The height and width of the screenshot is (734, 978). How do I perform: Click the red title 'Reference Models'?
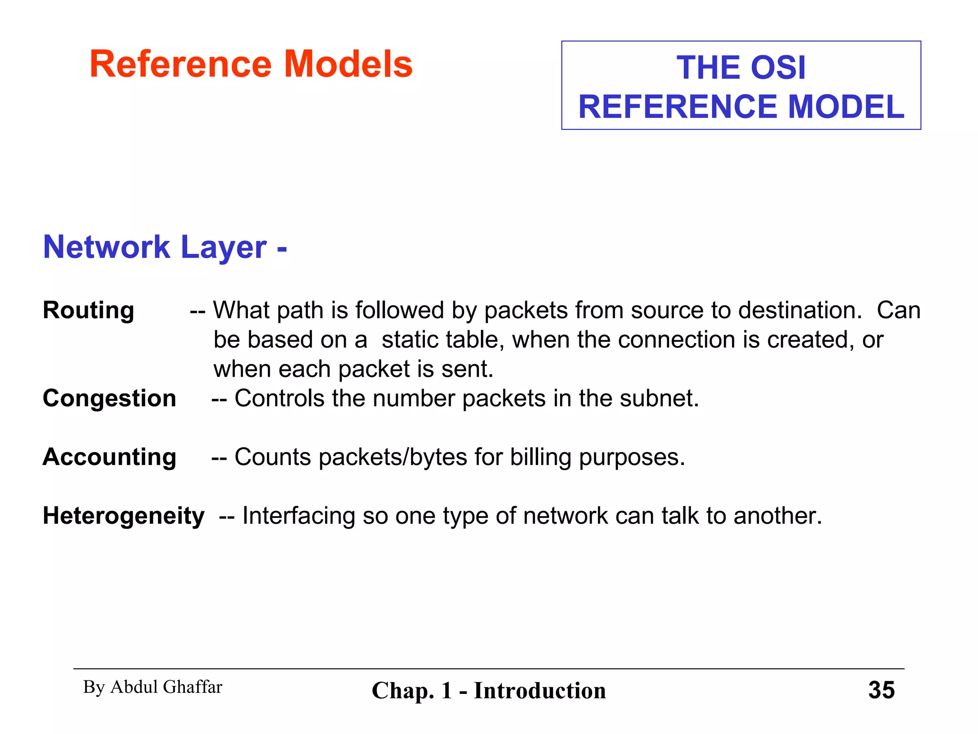251,64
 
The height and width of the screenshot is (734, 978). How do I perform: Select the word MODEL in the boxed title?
846,107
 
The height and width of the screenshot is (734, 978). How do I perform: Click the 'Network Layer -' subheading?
165,247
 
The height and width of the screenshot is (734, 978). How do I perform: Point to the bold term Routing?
88,310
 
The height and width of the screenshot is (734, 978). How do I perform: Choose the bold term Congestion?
109,398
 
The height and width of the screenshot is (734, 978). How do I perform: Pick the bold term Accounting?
109,457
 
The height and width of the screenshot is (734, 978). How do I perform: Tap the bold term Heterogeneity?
124,516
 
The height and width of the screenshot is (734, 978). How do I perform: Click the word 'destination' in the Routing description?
799,310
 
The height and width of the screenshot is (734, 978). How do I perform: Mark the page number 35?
881,690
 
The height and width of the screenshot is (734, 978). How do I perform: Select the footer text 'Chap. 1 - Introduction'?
489,691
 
